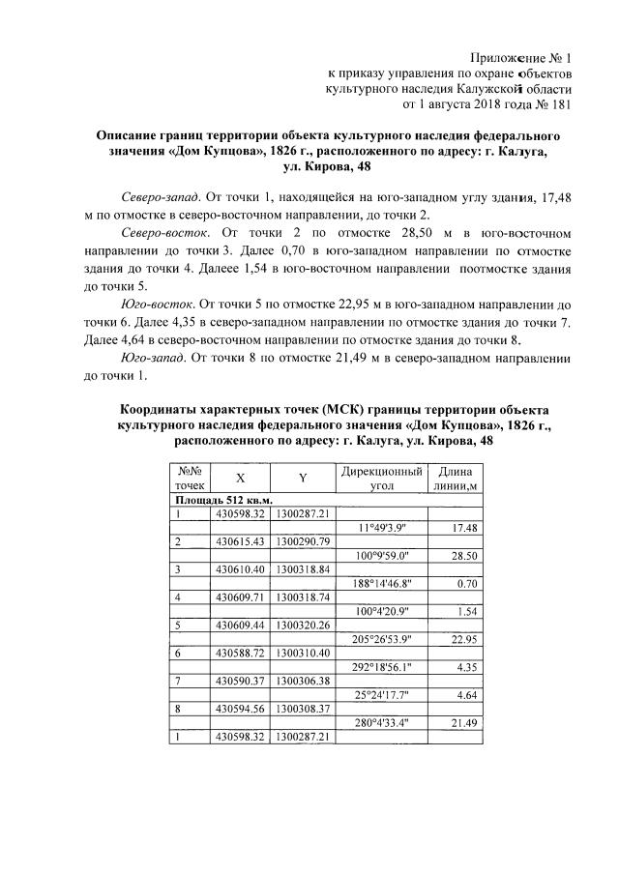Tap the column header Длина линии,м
tap(456, 477)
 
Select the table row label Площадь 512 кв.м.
tap(222, 499)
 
